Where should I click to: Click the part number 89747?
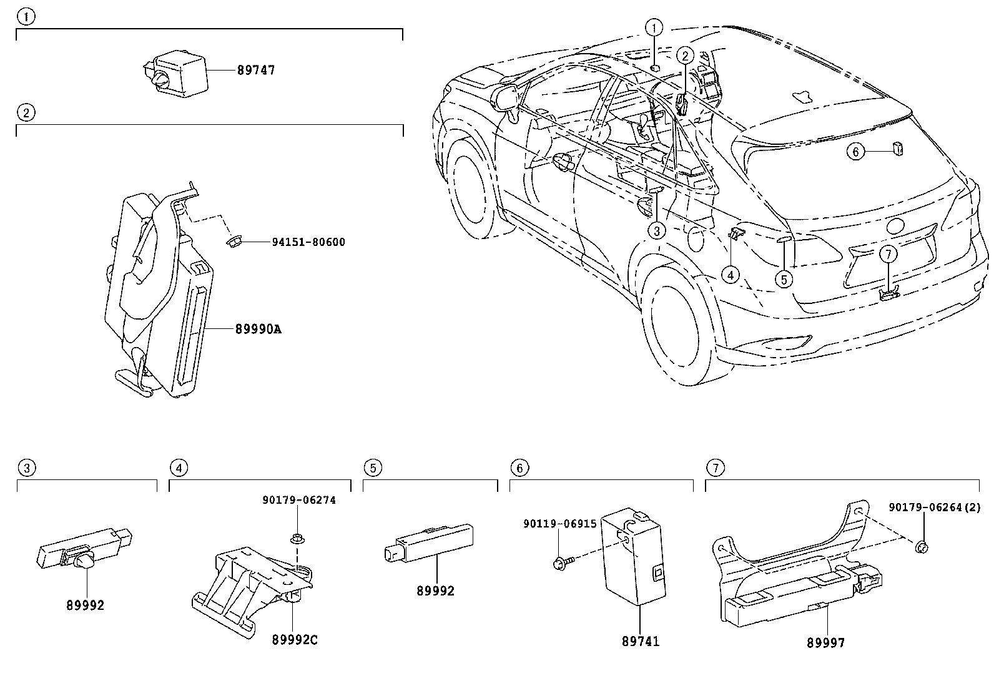coord(255,70)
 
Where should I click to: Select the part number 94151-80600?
coord(308,242)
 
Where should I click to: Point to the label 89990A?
coord(258,329)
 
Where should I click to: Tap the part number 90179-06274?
coord(298,499)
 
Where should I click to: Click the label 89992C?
coord(295,640)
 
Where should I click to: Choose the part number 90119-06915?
coord(559,525)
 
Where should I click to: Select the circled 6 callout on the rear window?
coord(856,151)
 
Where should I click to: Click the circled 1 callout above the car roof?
coord(654,27)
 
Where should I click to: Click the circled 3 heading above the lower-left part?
coord(25,468)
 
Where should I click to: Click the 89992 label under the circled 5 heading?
coord(435,590)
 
